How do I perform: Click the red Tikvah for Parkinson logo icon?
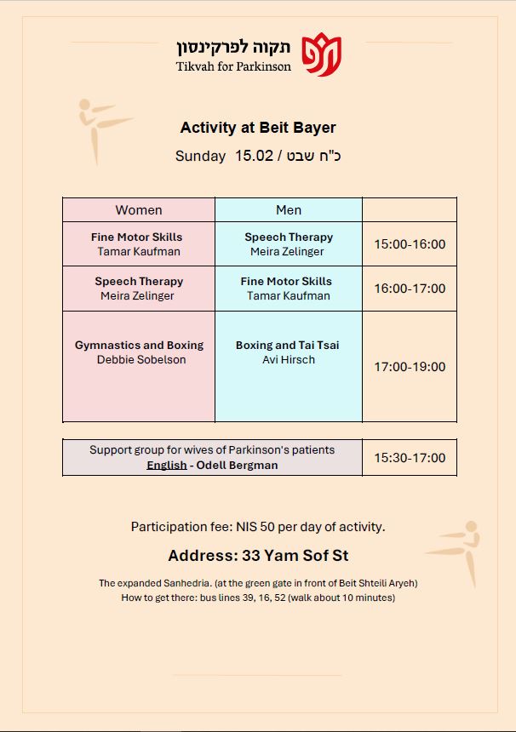tap(322, 54)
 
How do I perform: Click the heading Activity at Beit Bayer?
tap(258, 128)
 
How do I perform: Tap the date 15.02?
tap(255, 156)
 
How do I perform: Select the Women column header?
tap(139, 210)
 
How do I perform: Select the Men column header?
tap(289, 210)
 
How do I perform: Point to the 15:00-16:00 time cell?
tap(410, 244)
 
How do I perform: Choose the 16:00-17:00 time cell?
tap(410, 289)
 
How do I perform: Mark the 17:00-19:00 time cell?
tap(410, 367)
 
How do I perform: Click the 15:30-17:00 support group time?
tap(410, 458)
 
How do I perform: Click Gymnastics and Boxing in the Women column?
tap(139, 346)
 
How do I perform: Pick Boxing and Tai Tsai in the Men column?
tap(288, 346)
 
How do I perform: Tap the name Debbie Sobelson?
tap(141, 360)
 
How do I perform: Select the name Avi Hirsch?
tap(289, 360)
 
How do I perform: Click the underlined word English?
tap(166, 466)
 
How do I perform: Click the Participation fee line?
tap(258, 527)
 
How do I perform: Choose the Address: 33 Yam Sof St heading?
tap(258, 556)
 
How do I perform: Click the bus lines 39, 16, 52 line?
tap(258, 598)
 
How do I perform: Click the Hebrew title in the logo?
tap(234, 47)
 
